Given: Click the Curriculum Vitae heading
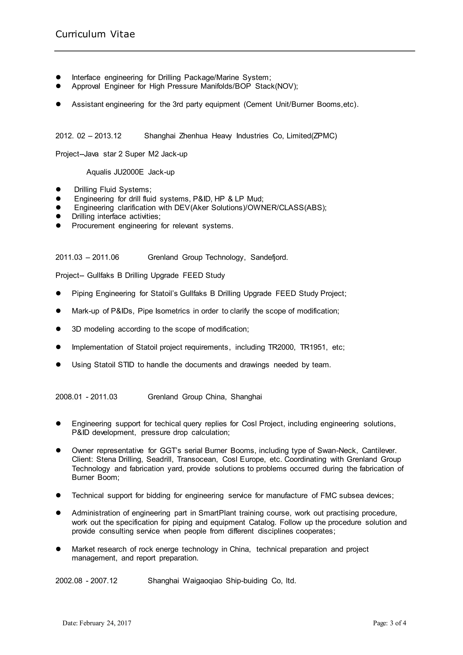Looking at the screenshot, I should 95,34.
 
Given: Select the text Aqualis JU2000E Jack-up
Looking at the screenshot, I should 130,172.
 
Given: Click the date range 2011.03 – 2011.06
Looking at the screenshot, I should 87,257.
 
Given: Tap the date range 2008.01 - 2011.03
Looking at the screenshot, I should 86,397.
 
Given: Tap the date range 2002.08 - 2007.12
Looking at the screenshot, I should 86,581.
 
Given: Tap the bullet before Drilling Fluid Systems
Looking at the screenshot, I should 59,190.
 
